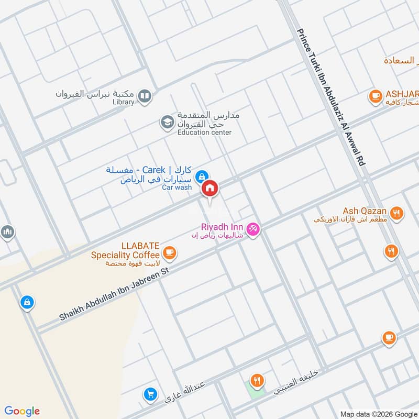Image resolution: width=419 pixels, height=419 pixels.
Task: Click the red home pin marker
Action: [210, 188]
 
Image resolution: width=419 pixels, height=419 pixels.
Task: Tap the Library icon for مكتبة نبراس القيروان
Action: [145, 96]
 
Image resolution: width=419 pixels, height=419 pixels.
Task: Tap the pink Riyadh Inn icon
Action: [253, 229]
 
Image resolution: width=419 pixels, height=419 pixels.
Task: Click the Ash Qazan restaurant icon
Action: [398, 213]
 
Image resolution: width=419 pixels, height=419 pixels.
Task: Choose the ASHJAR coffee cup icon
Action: [375, 95]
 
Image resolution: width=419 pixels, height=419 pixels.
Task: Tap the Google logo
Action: [22, 411]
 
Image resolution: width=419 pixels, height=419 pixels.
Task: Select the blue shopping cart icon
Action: [151, 394]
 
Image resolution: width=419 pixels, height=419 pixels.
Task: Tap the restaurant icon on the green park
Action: [256, 381]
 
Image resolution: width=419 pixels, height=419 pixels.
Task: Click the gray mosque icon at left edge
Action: [7, 231]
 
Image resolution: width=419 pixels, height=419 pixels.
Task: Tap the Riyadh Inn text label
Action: [222, 227]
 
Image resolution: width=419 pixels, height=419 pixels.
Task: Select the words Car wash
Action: [177, 187]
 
